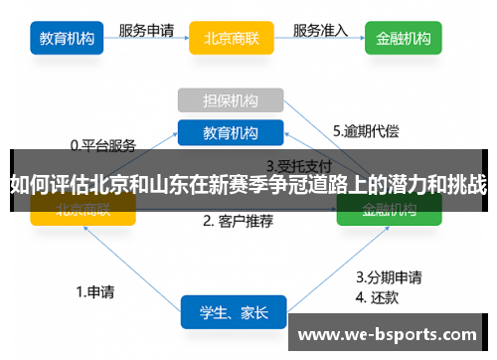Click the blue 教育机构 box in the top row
[x=68, y=40]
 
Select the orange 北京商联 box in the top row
[x=231, y=40]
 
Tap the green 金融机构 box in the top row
[x=404, y=40]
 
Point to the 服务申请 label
[x=148, y=30]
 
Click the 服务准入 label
[x=320, y=30]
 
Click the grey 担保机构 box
[x=231, y=100]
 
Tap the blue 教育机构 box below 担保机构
[x=231, y=132]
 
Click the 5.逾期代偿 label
[x=365, y=130]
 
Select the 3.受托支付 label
[x=299, y=164]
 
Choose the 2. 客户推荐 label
[x=238, y=221]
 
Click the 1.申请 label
[x=95, y=292]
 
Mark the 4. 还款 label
[x=380, y=296]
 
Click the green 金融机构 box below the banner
[x=389, y=210]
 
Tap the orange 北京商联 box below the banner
[x=83, y=210]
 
